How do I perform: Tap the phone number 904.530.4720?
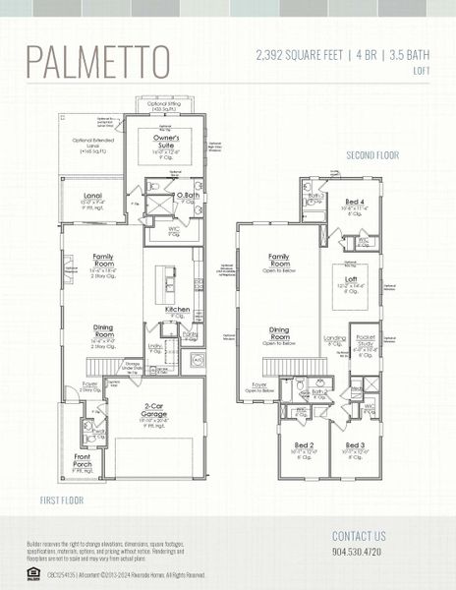tap(358, 554)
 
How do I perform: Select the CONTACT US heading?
tap(359, 537)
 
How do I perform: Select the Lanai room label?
tap(93, 198)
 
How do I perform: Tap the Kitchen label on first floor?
tap(178, 310)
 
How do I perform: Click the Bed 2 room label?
tap(304, 446)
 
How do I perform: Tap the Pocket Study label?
tap(364, 342)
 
